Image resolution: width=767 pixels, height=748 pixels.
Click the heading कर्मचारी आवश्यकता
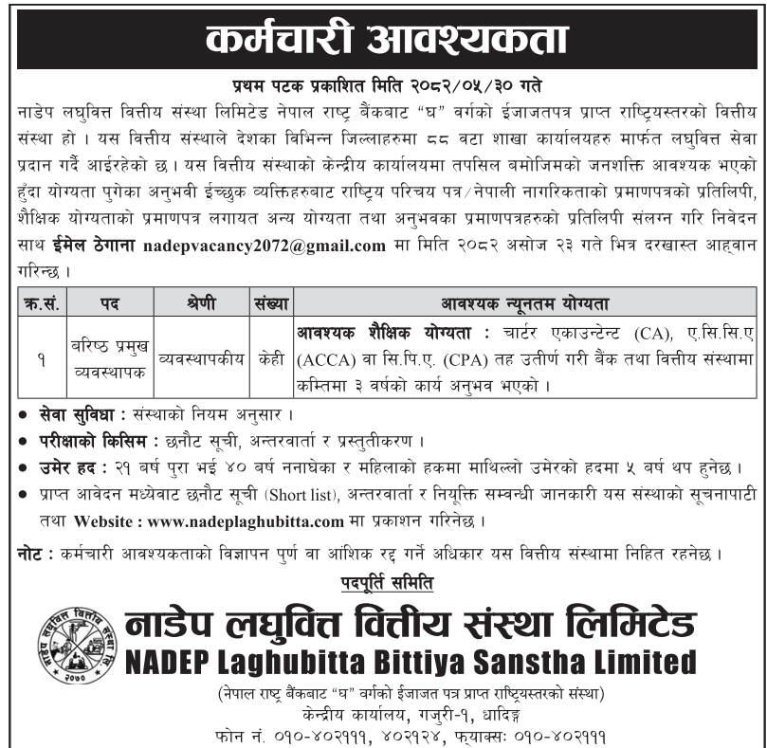(384, 37)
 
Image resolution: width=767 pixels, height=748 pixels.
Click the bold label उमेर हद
(64, 468)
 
